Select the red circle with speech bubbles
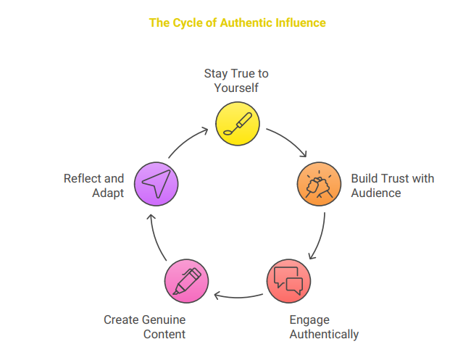point(288,280)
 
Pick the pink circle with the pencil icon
point(186,280)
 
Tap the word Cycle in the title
point(186,22)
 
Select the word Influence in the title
point(301,22)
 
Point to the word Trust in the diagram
point(393,178)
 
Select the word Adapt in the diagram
point(108,193)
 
